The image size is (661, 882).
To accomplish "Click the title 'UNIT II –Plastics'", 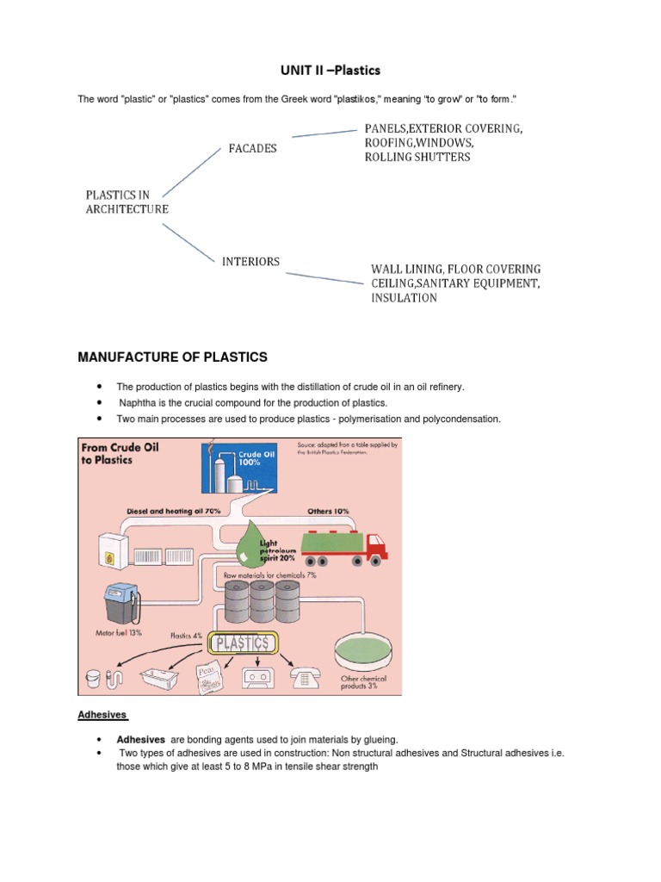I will (330, 70).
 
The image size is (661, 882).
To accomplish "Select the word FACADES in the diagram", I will (252, 148).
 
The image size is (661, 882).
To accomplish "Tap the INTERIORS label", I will (251, 261).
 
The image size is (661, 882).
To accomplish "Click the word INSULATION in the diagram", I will (404, 298).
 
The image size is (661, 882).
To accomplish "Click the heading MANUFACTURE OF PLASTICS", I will (173, 357).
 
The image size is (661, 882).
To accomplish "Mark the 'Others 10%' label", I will (328, 511).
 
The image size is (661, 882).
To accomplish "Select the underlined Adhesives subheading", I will (102, 715).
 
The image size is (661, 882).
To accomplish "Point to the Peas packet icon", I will (205, 676).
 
